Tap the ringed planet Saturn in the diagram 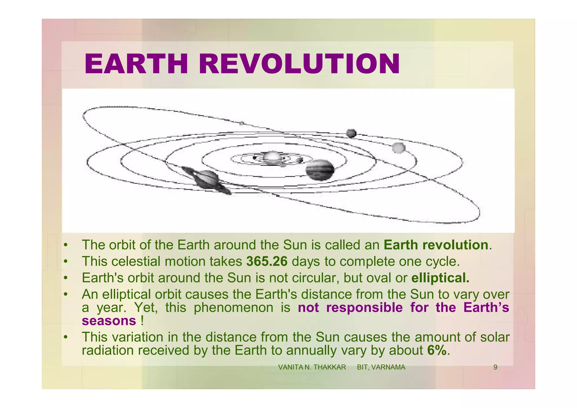(x=207, y=180)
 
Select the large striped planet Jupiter (x=320, y=170)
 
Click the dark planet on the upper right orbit (x=351, y=133)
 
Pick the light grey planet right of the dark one (x=398, y=147)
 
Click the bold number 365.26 (x=267, y=261)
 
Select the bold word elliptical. (x=440, y=278)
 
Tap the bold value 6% (x=437, y=350)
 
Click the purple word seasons (x=109, y=321)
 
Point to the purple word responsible (x=364, y=307)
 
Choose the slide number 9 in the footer (x=495, y=367)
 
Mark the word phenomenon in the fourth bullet (x=234, y=307)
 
